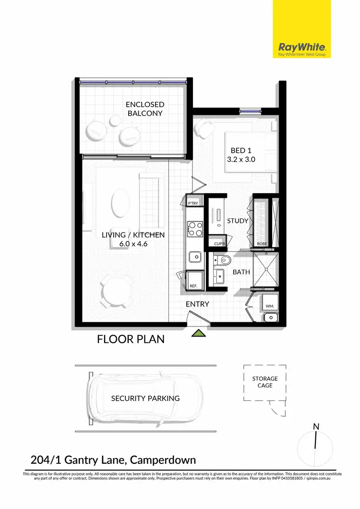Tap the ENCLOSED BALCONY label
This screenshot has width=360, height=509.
tap(145, 109)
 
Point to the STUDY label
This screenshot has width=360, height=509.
tap(238, 221)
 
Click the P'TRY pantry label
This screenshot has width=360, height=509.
tap(193, 204)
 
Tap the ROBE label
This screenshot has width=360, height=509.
tap(262, 244)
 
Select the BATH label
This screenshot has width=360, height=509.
tap(241, 272)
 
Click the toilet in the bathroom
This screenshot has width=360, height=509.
tap(223, 261)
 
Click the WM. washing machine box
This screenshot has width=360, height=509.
tap(269, 305)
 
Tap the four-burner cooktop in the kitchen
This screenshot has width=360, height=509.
tap(195, 229)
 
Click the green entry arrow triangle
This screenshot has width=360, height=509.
tap(199, 333)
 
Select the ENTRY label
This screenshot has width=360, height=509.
tap(197, 304)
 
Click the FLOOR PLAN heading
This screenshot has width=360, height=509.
tap(131, 339)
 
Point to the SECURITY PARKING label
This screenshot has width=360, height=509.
tap(145, 398)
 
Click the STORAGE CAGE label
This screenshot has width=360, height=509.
tap(265, 382)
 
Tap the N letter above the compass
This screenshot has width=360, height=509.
tap(316, 426)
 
